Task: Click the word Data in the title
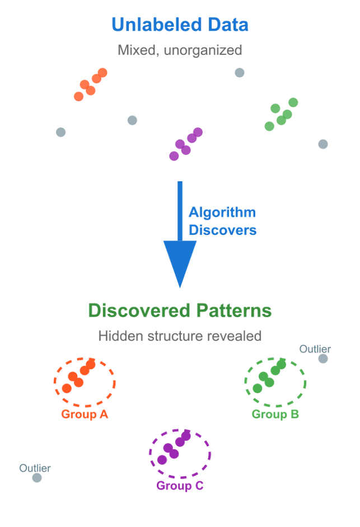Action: point(228,25)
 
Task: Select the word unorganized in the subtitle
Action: point(203,50)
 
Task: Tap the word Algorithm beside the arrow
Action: point(222,212)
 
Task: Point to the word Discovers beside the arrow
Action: point(222,230)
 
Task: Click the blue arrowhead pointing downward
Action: point(180,262)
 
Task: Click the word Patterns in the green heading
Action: point(234,310)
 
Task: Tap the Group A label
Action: point(85,414)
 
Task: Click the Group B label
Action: point(275,414)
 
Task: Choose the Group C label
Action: point(180,486)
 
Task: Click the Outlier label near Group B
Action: point(315,349)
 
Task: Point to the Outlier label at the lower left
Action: point(35,468)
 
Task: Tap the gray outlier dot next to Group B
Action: point(323,359)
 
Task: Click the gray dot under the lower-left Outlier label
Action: point(37,478)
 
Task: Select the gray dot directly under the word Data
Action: point(240,73)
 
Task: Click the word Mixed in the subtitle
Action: point(138,50)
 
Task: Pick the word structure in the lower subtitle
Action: point(175,336)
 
